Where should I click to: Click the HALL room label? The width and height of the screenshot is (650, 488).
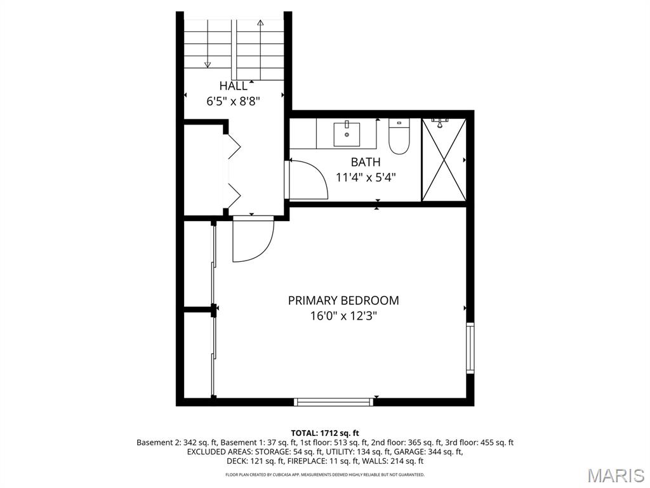click(x=234, y=86)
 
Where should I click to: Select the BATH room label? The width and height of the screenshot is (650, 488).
click(x=366, y=162)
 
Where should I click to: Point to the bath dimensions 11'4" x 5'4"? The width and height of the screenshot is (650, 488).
click(x=366, y=178)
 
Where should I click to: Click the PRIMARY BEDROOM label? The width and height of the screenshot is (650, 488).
click(x=343, y=301)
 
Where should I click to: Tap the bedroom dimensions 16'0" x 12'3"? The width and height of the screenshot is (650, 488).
click(x=343, y=316)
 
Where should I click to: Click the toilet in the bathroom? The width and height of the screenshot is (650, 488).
click(x=399, y=136)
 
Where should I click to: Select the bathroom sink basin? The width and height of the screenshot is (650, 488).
click(x=347, y=133)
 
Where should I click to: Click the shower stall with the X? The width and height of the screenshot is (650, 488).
click(x=444, y=160)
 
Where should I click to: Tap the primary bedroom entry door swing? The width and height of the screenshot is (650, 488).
click(x=253, y=239)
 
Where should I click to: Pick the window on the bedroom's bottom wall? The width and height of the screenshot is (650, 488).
click(x=334, y=402)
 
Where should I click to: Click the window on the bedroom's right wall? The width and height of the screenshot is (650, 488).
click(x=470, y=348)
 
